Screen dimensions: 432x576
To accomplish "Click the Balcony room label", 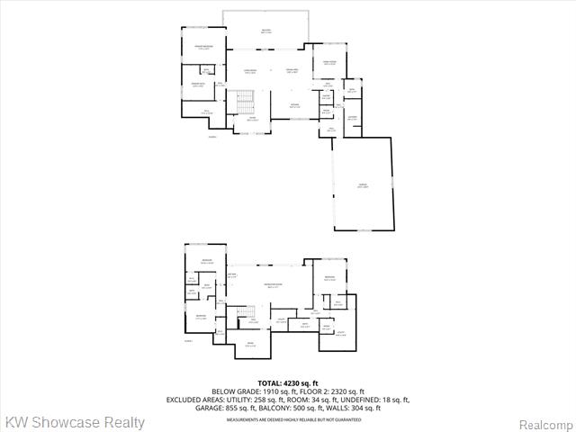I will (266, 31).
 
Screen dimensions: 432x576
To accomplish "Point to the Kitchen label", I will (294, 105).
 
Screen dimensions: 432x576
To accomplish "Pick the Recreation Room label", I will (273, 285).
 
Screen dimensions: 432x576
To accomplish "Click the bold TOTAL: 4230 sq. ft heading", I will (288, 383).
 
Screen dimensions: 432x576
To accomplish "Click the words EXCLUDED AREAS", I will (195, 400).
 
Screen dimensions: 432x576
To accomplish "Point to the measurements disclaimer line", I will (288, 418).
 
